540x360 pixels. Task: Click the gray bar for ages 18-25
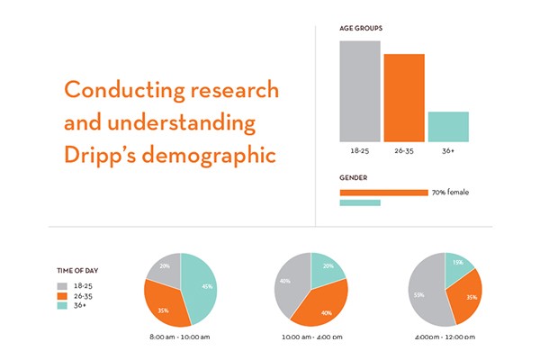pyautogui.click(x=359, y=91)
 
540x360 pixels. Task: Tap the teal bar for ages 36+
pyautogui.click(x=447, y=126)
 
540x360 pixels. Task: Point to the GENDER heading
pyautogui.click(x=353, y=177)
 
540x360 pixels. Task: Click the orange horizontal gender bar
pyautogui.click(x=383, y=193)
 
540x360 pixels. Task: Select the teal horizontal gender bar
pyautogui.click(x=359, y=203)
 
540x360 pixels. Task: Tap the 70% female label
pyautogui.click(x=450, y=193)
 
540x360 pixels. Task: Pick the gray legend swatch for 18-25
pyautogui.click(x=62, y=283)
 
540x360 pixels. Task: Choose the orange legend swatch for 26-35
pyautogui.click(x=62, y=294)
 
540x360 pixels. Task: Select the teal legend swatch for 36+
pyautogui.click(x=62, y=305)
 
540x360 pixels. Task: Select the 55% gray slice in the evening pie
pyautogui.click(x=423, y=292)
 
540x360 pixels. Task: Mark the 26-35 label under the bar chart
pyautogui.click(x=403, y=151)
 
